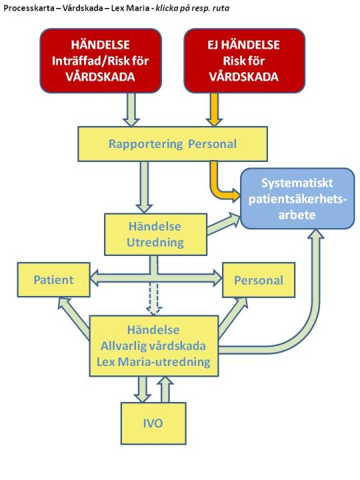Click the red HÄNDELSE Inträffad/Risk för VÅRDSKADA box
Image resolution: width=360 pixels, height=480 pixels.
pos(101,61)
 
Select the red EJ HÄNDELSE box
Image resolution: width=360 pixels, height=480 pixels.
pos(244,61)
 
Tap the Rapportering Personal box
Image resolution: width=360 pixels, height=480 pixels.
pos(173,144)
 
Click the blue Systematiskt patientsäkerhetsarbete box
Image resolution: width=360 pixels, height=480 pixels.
pos(297,199)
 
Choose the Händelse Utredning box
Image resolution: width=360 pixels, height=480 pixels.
pos(155,235)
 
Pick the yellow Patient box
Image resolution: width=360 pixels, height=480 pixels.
pos(53,280)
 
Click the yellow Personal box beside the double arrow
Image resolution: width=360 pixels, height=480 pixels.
pos(259,280)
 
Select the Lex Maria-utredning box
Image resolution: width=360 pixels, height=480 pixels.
pos(154,346)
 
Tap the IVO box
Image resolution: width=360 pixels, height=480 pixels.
pos(153,423)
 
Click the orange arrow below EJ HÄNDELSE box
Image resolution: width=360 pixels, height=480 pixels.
pos(214,109)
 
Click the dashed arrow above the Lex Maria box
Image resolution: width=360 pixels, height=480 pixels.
pos(154,299)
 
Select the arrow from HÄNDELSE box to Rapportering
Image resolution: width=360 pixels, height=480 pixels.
pos(131,109)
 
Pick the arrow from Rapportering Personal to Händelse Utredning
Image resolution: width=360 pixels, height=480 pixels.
pos(144,187)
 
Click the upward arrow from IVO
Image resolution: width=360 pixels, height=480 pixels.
pos(165,389)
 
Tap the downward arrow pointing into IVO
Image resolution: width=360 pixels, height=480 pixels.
pos(143,389)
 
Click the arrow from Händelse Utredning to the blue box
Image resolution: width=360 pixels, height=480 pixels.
pos(223,224)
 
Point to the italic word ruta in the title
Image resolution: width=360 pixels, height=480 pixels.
pos(221,8)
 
